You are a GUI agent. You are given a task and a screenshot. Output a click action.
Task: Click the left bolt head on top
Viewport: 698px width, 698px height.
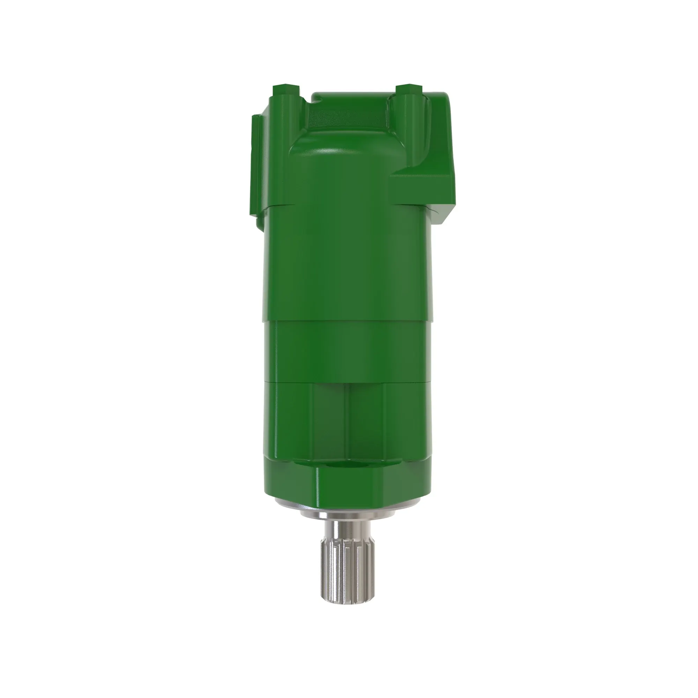coord(286,88)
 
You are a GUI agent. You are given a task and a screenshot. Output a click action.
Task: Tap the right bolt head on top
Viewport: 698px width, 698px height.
coord(409,88)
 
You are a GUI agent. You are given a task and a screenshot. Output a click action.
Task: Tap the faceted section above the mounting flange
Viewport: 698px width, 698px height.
coord(347,419)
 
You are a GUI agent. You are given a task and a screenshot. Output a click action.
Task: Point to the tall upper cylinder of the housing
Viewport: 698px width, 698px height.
coord(347,260)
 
